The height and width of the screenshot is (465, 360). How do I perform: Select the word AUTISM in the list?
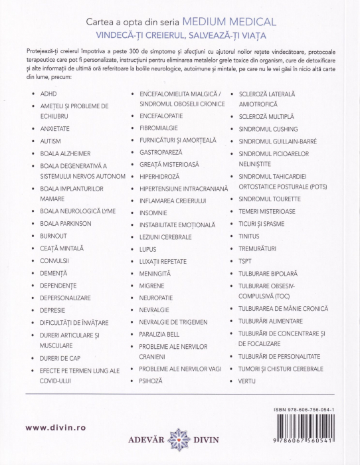coord(52,141)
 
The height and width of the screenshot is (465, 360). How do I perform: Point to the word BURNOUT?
coord(53,235)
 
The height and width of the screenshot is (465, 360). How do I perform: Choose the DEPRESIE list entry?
coord(54,310)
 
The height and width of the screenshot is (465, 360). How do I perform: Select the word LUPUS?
coord(148,249)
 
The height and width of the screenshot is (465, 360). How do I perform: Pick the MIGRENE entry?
coord(152,286)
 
